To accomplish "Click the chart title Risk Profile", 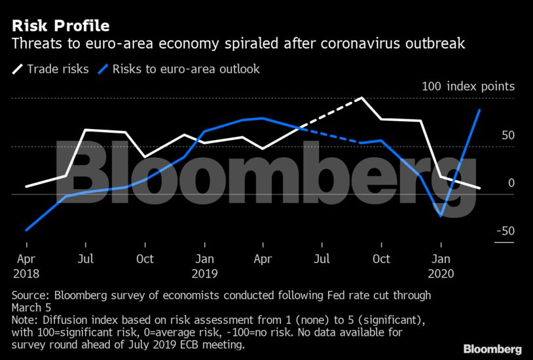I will pos(60,26).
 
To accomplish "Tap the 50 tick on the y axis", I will pos(508,135).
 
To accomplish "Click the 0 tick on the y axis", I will pos(511,183).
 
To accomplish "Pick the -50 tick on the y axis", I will pos(505,231).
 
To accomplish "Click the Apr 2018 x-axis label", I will pos(26,265).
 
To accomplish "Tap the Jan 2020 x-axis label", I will pos(443,265).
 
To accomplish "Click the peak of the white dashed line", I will pos(362,98).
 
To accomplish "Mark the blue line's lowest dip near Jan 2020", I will pos(441,216).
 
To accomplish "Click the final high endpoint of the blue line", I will pos(480,110).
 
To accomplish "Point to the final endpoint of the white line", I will pos(480,188).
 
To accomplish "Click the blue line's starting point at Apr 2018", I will pos(26,230).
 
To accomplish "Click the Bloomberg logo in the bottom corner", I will pos(492,348).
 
